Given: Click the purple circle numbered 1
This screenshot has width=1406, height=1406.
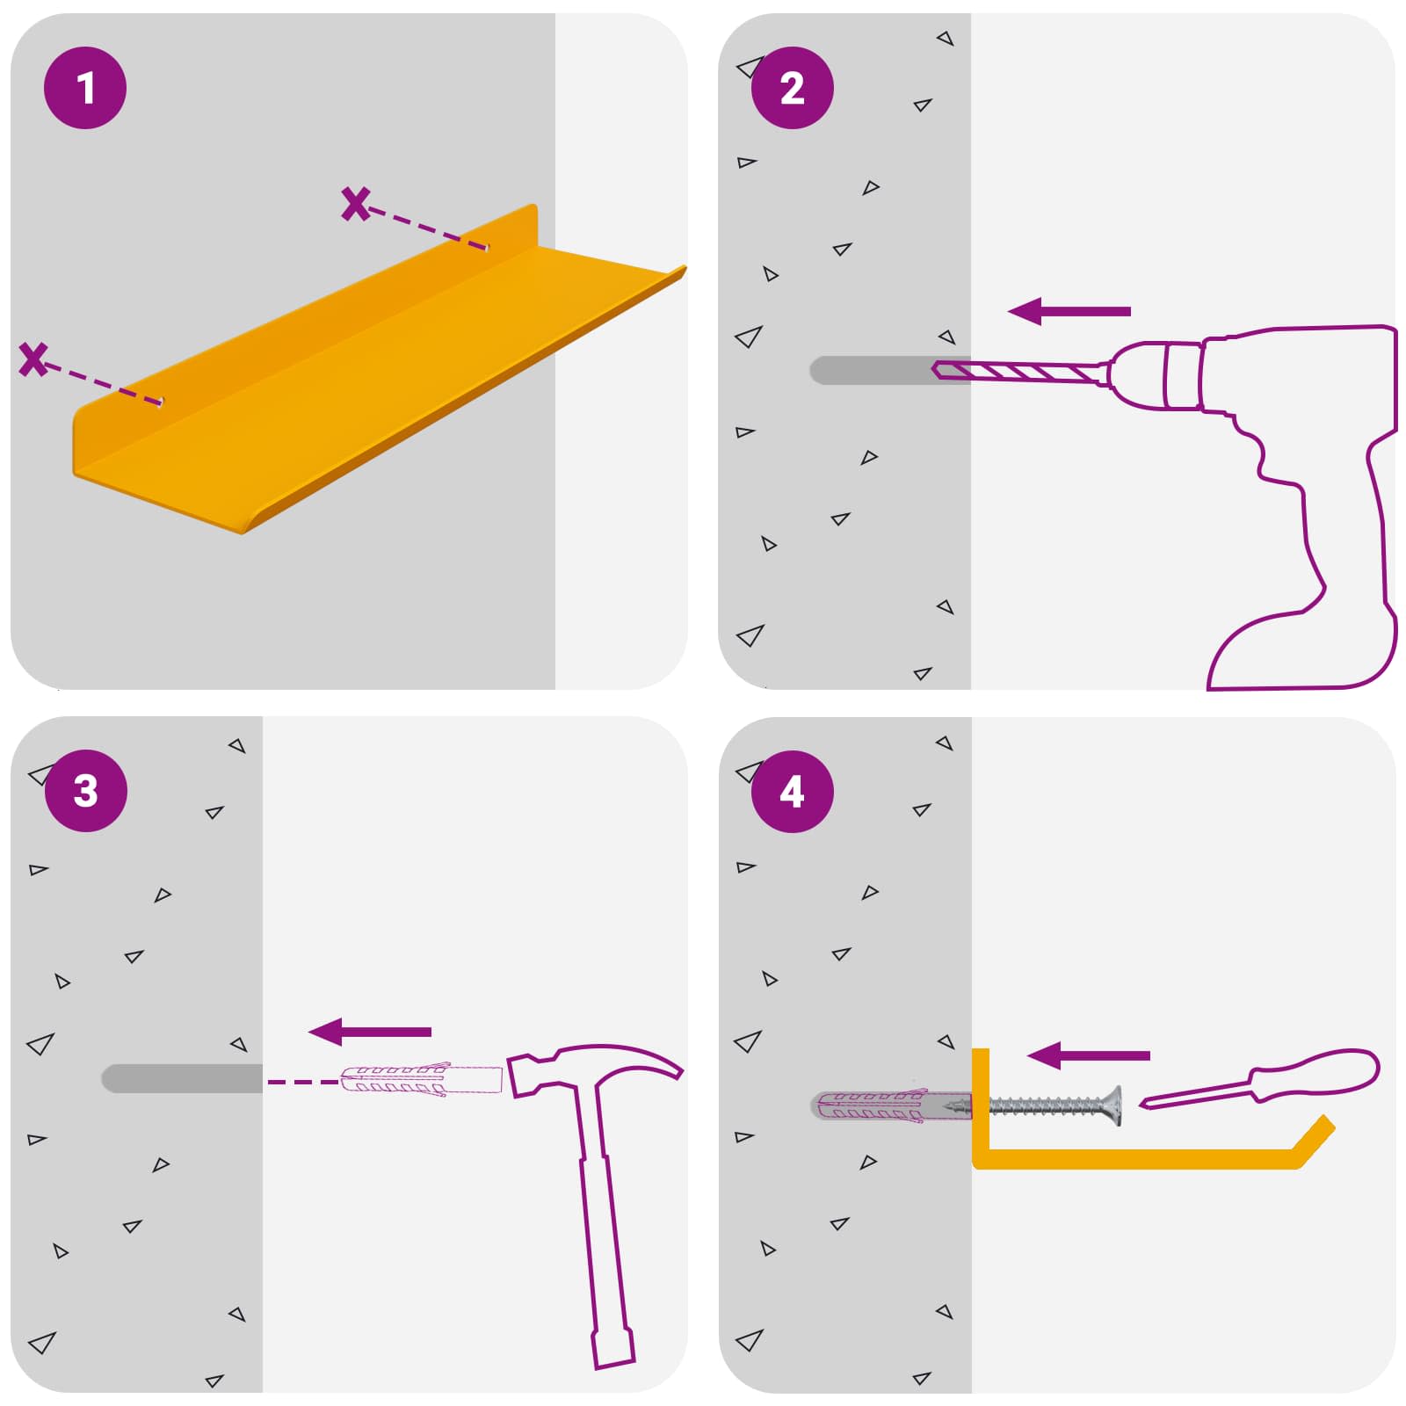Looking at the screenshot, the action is [x=85, y=88].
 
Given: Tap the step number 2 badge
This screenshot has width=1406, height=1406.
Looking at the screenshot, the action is [x=793, y=88].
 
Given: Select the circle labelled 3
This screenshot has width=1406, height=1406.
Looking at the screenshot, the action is [x=85, y=791].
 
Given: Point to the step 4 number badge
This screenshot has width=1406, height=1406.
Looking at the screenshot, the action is [x=793, y=791].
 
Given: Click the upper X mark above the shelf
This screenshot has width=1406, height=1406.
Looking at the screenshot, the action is [x=356, y=204].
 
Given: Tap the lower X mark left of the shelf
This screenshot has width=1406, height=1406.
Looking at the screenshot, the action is [x=33, y=359].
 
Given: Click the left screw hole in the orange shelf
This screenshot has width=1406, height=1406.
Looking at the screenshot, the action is [x=160, y=402].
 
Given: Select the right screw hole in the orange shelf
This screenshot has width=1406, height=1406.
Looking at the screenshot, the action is [x=484, y=247].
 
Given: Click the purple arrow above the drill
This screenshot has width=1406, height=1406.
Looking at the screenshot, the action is [x=1069, y=311].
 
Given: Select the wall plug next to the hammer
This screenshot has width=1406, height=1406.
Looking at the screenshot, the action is [x=421, y=1080].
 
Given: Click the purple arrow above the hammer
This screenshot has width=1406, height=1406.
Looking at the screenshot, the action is [x=370, y=1032].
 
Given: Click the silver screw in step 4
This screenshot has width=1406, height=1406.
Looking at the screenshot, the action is [x=1046, y=1105].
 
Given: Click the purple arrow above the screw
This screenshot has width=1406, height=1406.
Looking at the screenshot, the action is [x=1088, y=1055].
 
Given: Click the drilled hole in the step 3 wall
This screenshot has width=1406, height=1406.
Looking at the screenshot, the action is [x=182, y=1078].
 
